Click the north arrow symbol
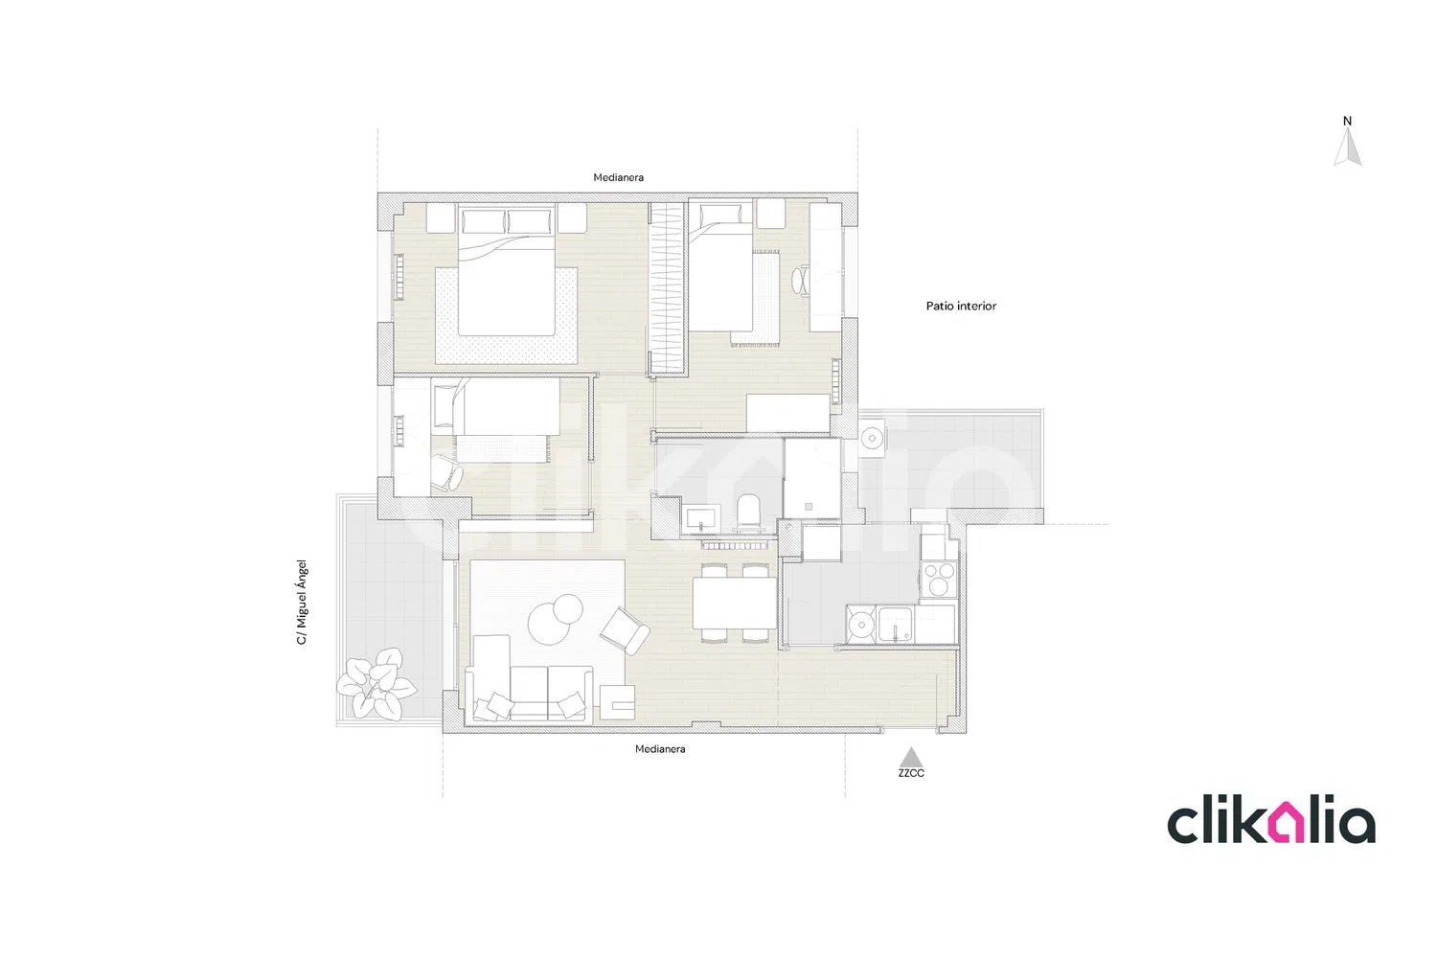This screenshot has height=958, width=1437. pyautogui.click(x=1347, y=148)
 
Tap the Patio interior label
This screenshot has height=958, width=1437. pyautogui.click(x=961, y=306)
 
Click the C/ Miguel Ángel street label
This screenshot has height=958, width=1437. pyautogui.click(x=302, y=602)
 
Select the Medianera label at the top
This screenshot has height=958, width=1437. pyautogui.click(x=619, y=177)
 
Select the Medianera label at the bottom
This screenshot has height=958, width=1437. pyautogui.click(x=660, y=749)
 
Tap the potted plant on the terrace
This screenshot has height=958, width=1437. pyautogui.click(x=376, y=681)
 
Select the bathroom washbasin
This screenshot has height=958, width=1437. pyautogui.click(x=702, y=518)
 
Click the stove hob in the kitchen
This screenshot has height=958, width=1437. pyautogui.click(x=938, y=579)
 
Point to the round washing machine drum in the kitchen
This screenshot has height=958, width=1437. pyautogui.click(x=861, y=624)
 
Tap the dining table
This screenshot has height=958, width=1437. pyautogui.click(x=735, y=604)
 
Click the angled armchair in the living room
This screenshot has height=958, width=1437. pyautogui.click(x=625, y=630)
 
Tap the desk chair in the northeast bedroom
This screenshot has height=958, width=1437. pyautogui.click(x=800, y=281)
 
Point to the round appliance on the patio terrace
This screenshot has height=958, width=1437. pyautogui.click(x=872, y=439)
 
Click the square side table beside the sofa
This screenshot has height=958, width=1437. pyautogui.click(x=617, y=701)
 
